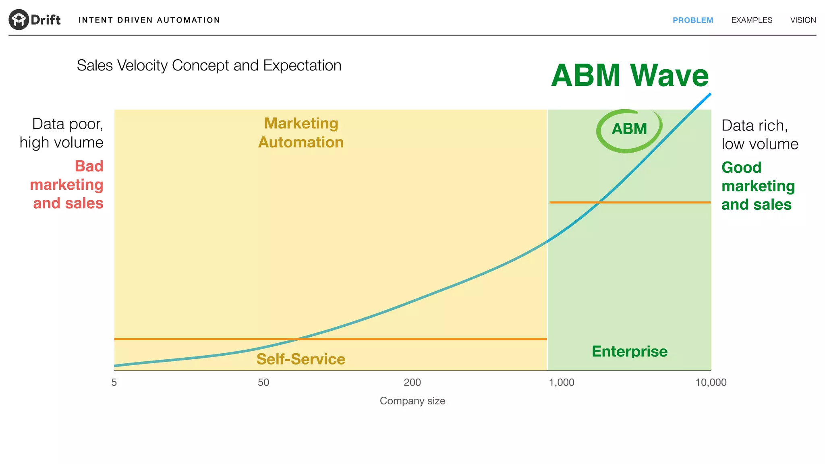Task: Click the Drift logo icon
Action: tap(19, 19)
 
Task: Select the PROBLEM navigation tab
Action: tap(692, 20)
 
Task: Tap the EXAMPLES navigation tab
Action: tap(752, 20)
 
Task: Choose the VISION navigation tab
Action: tap(803, 20)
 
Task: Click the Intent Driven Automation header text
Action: tap(149, 20)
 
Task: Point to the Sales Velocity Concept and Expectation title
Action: tap(209, 65)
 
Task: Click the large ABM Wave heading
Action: tap(630, 75)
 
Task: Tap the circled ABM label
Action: tap(629, 129)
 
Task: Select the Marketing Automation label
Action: tap(301, 133)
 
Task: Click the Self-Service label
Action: tap(301, 359)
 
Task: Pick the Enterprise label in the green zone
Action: tap(630, 351)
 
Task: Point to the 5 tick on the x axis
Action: tap(114, 382)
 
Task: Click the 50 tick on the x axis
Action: tap(263, 382)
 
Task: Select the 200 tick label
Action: tap(412, 382)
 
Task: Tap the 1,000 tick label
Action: tap(562, 382)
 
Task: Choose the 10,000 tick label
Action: tap(711, 382)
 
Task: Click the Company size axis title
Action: tap(412, 401)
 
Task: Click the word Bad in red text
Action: tap(89, 166)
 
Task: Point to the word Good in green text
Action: tap(741, 167)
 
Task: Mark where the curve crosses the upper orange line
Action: tap(600, 202)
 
